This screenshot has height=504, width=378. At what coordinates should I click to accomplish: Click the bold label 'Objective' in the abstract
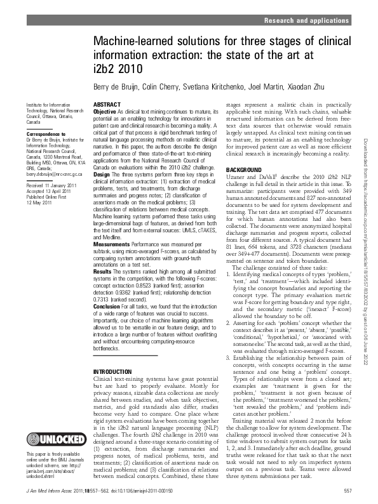[105, 110]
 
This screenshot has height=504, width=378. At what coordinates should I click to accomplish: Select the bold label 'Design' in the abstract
[102, 172]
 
